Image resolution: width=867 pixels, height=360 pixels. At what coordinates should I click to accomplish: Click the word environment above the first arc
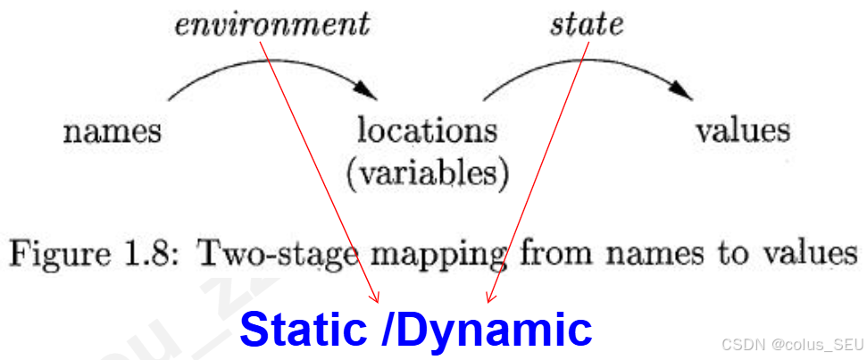point(271,25)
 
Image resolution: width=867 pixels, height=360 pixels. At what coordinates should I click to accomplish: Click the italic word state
point(586,25)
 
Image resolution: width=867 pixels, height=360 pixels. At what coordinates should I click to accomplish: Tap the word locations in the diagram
point(427,131)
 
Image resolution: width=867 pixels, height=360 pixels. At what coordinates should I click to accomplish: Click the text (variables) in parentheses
point(428,172)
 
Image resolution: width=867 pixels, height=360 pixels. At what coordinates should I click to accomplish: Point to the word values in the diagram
point(743,131)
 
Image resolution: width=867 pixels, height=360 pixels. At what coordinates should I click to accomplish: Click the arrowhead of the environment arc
point(366,91)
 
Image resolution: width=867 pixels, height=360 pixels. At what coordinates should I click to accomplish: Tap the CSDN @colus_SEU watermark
point(791,345)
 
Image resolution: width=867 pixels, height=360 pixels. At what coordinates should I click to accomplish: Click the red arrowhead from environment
point(376,297)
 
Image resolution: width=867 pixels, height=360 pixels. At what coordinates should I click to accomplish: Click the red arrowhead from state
point(489,297)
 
